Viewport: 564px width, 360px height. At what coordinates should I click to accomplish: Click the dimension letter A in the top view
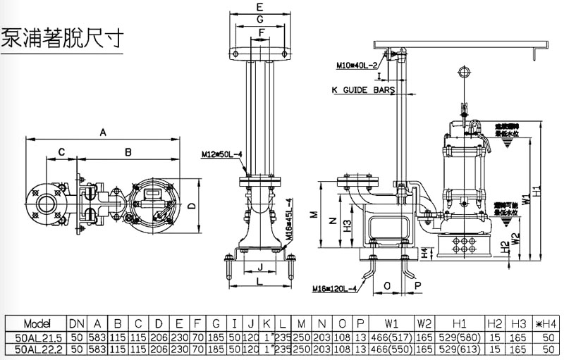coord(103,132)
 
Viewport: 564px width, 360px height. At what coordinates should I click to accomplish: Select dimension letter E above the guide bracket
coord(260,7)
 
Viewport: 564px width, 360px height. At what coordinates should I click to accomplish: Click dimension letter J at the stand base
coord(260,267)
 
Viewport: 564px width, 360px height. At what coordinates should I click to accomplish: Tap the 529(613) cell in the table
coord(460,349)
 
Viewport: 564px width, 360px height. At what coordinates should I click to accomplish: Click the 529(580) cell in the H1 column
coord(460,336)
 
